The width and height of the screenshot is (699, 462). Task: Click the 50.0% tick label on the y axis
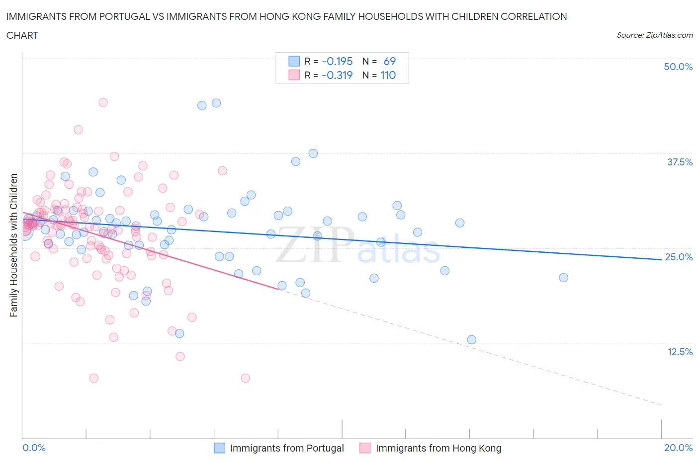pyautogui.click(x=678, y=67)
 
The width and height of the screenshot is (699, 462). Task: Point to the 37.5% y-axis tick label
pyautogui.click(x=680, y=162)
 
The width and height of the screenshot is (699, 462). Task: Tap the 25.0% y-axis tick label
pyautogui.click(x=679, y=257)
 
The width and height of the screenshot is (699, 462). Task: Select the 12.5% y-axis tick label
pyautogui.click(x=680, y=352)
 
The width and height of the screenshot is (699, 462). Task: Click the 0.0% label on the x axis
pyautogui.click(x=34, y=448)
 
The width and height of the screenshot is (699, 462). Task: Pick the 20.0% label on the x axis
pyautogui.click(x=678, y=448)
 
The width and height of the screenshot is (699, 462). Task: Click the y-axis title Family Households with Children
pyautogui.click(x=14, y=245)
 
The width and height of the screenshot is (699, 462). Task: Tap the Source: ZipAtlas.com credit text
pyautogui.click(x=654, y=35)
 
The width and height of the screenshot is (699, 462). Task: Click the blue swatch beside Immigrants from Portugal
pyautogui.click(x=220, y=448)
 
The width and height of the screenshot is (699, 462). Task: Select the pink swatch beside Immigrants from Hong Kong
pyautogui.click(x=365, y=448)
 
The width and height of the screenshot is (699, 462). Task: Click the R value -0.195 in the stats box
pyautogui.click(x=337, y=61)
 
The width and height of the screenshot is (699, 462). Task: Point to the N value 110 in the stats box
pyautogui.click(x=388, y=75)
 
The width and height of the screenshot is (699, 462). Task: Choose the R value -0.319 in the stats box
pyautogui.click(x=337, y=75)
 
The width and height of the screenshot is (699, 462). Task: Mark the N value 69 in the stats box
pyautogui.click(x=389, y=61)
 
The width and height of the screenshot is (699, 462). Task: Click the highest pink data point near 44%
pyautogui.click(x=103, y=102)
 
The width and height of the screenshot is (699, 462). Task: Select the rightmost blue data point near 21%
pyautogui.click(x=563, y=278)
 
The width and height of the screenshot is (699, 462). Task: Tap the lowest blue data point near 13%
pyautogui.click(x=471, y=340)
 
